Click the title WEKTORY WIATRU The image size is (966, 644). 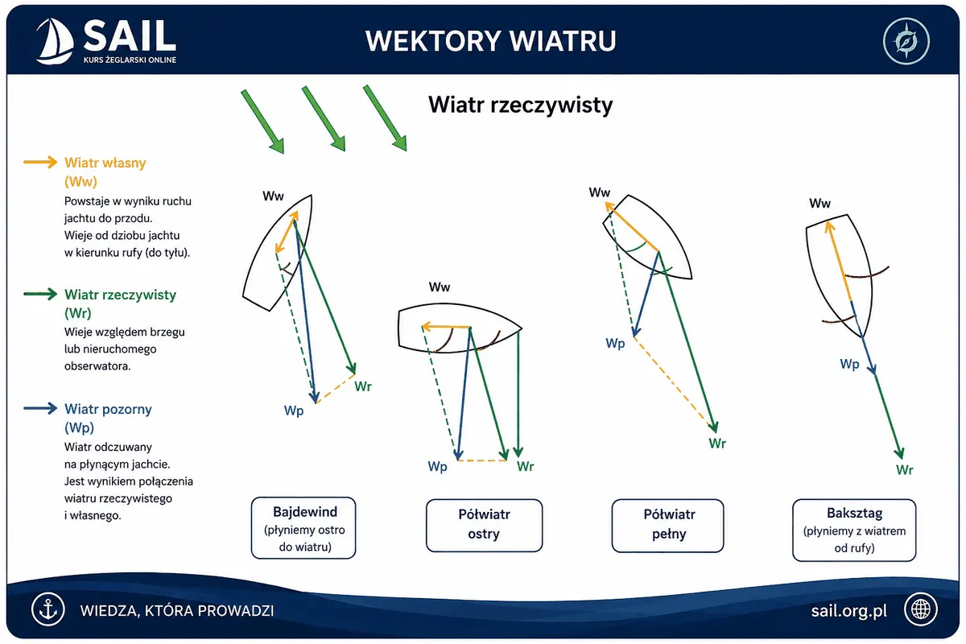[x=491, y=41]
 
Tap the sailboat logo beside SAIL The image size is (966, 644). [x=55, y=41]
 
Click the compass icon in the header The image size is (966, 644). [x=906, y=41]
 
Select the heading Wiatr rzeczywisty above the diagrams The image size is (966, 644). [x=520, y=105]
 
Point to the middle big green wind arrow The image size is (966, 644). [x=324, y=118]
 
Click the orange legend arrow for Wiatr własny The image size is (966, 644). [x=40, y=162]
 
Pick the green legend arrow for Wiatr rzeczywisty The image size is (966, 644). [x=40, y=294]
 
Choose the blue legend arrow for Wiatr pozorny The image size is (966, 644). [x=40, y=408]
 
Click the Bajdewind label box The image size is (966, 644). [x=303, y=528]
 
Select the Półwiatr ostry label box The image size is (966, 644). [x=484, y=526]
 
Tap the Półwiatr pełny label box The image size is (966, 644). [x=667, y=526]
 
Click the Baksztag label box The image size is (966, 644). [x=854, y=530]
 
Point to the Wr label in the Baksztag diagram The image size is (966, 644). [x=904, y=470]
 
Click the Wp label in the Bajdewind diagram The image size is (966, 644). [x=294, y=411]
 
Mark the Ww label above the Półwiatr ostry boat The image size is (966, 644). [x=440, y=287]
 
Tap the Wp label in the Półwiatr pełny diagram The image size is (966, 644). [x=615, y=344]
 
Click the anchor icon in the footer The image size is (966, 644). [x=47, y=609]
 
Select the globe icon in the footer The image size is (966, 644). [x=921, y=609]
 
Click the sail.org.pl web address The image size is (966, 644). [x=848, y=611]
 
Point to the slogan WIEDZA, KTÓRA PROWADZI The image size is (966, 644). [x=177, y=611]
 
